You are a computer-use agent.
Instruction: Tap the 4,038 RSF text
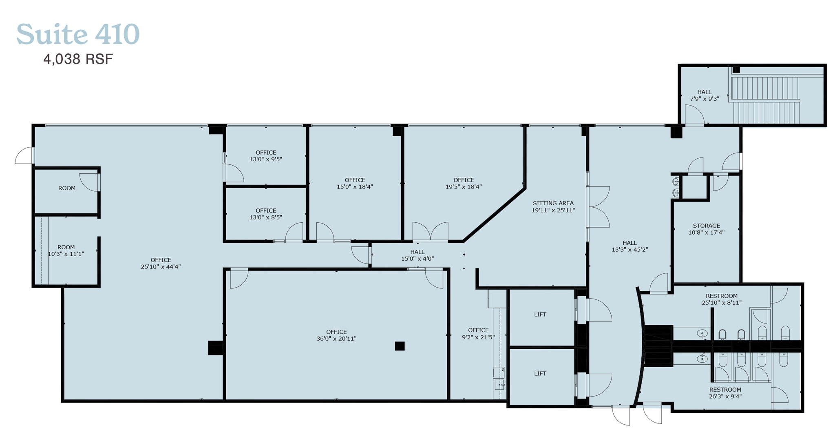[x=78, y=60]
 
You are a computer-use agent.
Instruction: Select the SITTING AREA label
[x=553, y=203]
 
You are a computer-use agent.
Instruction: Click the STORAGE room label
[x=707, y=226]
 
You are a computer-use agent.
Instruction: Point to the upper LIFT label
[x=540, y=315]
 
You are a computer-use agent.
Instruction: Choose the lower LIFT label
[x=540, y=374]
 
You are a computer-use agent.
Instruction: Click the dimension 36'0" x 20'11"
[x=336, y=339]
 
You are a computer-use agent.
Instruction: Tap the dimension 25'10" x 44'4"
[x=161, y=267]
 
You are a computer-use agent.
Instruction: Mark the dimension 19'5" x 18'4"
[x=464, y=187]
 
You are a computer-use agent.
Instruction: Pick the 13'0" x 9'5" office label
[x=266, y=159]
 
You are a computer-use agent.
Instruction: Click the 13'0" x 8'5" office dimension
[x=266, y=217]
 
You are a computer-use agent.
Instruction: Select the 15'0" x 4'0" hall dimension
[x=417, y=259]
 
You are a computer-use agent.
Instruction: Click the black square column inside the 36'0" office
[x=400, y=346]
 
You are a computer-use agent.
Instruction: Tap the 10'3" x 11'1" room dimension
[x=66, y=254]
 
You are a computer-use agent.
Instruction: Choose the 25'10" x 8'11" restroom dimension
[x=722, y=303]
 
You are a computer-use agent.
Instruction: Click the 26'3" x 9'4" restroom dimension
[x=725, y=396]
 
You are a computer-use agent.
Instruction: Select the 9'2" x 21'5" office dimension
[x=478, y=337]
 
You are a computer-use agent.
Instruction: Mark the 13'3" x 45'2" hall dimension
[x=630, y=250]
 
